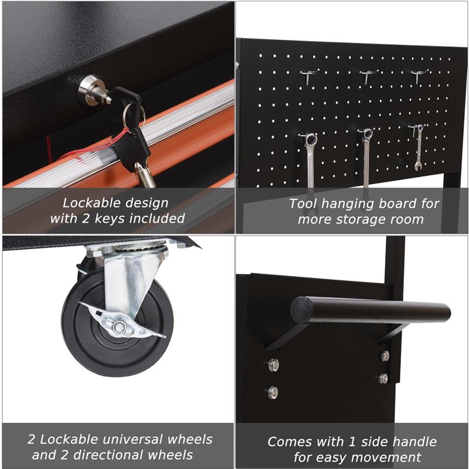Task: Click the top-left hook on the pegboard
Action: (x=310, y=76)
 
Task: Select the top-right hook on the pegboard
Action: (x=419, y=76)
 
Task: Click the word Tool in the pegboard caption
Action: (x=303, y=204)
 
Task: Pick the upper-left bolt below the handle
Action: (x=273, y=365)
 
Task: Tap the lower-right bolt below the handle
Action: (x=383, y=378)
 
